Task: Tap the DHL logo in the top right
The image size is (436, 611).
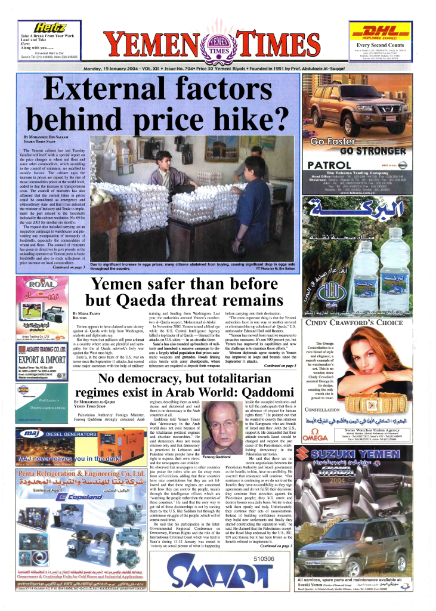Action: pyautogui.click(x=381, y=32)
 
